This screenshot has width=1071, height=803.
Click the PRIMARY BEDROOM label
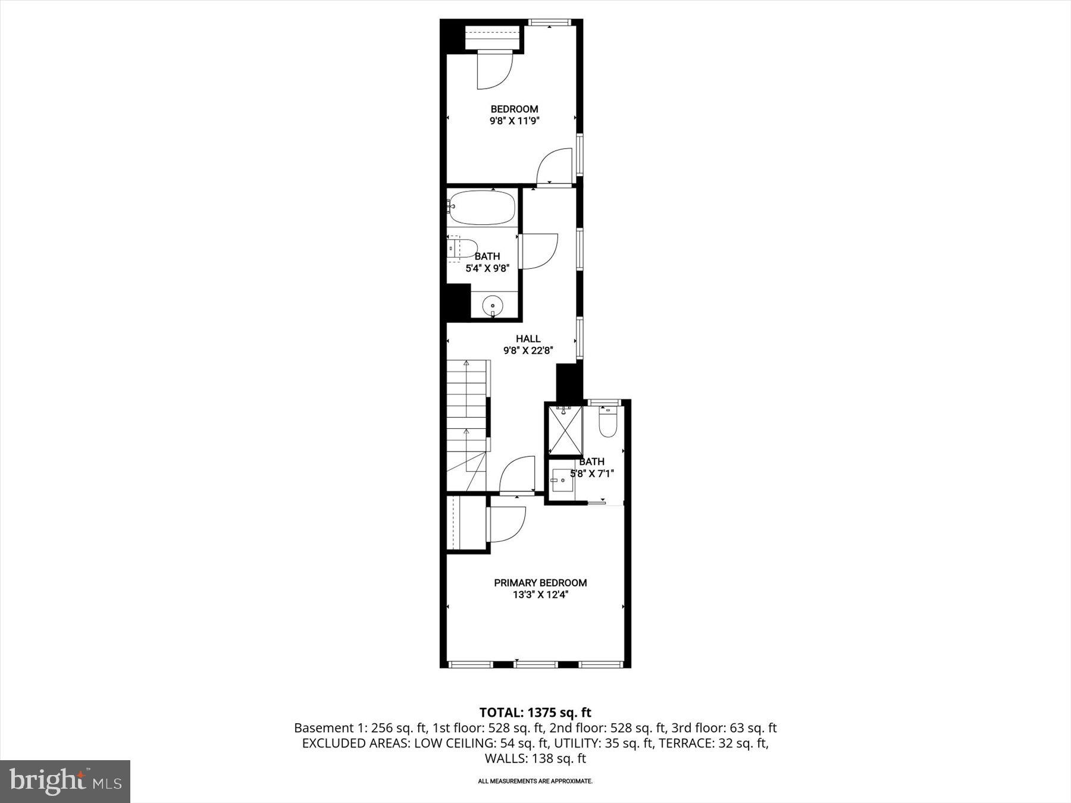[x=540, y=583]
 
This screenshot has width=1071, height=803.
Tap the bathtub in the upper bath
[x=481, y=208]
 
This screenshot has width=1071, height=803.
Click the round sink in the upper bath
[x=493, y=306]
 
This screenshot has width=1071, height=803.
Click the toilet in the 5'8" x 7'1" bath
[x=607, y=424]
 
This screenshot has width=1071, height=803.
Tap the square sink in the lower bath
[x=562, y=480]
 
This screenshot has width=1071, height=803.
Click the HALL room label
[x=528, y=339]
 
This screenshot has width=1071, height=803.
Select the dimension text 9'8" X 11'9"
[x=514, y=121]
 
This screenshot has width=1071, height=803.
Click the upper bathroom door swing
[x=537, y=251]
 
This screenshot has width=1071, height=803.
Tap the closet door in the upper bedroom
[x=494, y=70]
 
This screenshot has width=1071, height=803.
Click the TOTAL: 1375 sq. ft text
[x=535, y=712]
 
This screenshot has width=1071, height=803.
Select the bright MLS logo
[x=65, y=781]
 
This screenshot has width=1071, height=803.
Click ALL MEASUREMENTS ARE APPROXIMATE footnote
[x=535, y=781]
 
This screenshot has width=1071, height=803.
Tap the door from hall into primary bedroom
[x=517, y=476]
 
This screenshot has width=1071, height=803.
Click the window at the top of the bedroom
[x=549, y=23]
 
